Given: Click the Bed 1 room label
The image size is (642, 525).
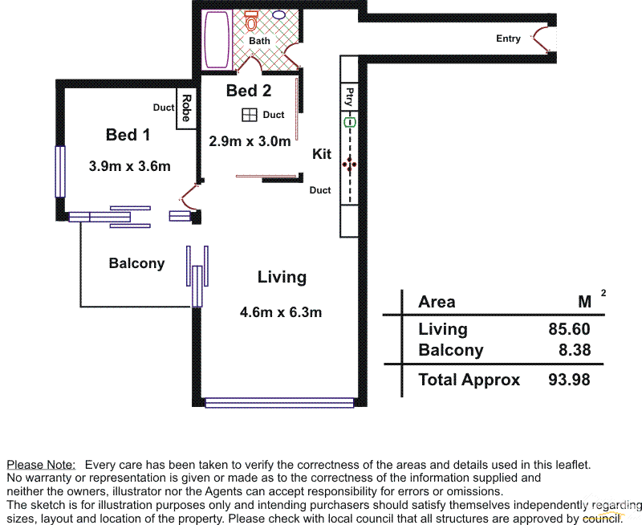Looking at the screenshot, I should coord(128,135).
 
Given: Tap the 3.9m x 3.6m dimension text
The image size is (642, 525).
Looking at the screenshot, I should coord(129,166).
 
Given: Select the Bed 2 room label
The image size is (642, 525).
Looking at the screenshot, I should coord(249,91).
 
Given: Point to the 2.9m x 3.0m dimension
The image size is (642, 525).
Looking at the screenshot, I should coord(250,141).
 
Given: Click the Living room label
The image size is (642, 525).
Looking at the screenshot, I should coord(282,277).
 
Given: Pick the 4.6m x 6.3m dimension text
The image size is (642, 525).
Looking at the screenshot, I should coord(281,312).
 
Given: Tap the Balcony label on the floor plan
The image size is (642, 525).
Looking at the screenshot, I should coord(136,263).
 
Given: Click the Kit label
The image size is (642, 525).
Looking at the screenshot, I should coord(322,154).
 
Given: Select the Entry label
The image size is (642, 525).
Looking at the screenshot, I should coord(508,39).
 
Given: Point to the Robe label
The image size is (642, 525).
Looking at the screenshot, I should coord(186,108).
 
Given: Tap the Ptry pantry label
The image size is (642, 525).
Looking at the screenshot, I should coord(349,96).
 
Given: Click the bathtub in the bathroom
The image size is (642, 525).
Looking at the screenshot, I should coord(217,39).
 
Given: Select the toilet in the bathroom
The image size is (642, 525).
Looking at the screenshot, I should coord(252,18).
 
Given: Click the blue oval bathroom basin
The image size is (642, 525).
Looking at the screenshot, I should coord(279,14).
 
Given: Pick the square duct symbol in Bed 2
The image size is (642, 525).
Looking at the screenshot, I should coord(250,115).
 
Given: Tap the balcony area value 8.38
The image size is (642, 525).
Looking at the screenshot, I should coord(574,350).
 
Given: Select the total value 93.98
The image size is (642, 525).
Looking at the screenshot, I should coord(569,380).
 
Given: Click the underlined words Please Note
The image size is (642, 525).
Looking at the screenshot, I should coord(41,465).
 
